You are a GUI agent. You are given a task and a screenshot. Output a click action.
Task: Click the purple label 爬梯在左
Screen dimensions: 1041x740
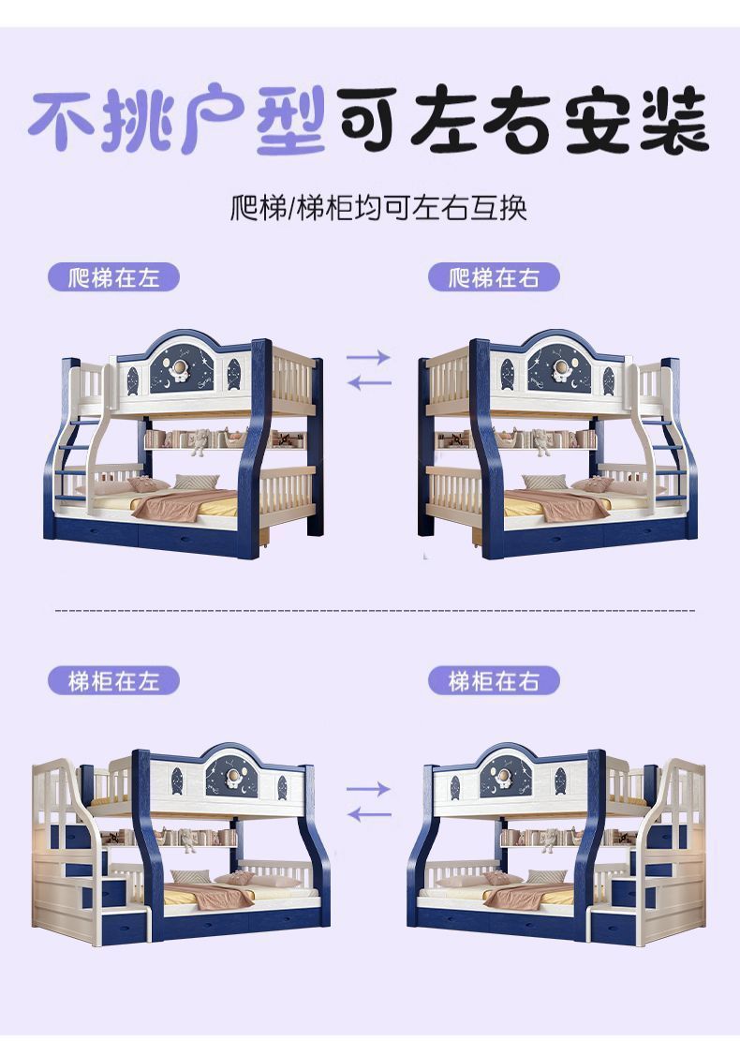pos(112,277)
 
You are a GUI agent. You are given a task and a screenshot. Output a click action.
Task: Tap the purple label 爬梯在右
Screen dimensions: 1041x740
pos(494,277)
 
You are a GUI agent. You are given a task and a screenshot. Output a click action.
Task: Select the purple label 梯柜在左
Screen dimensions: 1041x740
pos(112,680)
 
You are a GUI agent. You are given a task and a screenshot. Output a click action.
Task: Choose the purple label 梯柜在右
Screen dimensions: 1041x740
pos(494,680)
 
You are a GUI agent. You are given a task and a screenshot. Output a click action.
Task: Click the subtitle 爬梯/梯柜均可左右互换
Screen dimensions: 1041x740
pos(378,206)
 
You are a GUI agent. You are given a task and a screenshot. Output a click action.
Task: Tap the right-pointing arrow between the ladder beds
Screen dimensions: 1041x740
pos(368,357)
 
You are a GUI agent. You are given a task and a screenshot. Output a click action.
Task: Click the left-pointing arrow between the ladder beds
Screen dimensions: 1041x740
pos(368,382)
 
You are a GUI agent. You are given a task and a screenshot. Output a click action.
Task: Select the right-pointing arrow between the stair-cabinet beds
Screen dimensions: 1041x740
pos(368,789)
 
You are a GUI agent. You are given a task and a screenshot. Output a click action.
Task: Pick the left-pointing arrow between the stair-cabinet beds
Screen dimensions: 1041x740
pos(368,814)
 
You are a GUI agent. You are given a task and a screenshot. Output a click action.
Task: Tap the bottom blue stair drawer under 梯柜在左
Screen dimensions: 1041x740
pos(123,927)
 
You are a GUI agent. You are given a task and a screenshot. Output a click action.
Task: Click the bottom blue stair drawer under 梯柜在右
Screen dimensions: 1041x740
pos(613,927)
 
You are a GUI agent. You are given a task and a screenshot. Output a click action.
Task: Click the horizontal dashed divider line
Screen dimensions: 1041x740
pos(375,610)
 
